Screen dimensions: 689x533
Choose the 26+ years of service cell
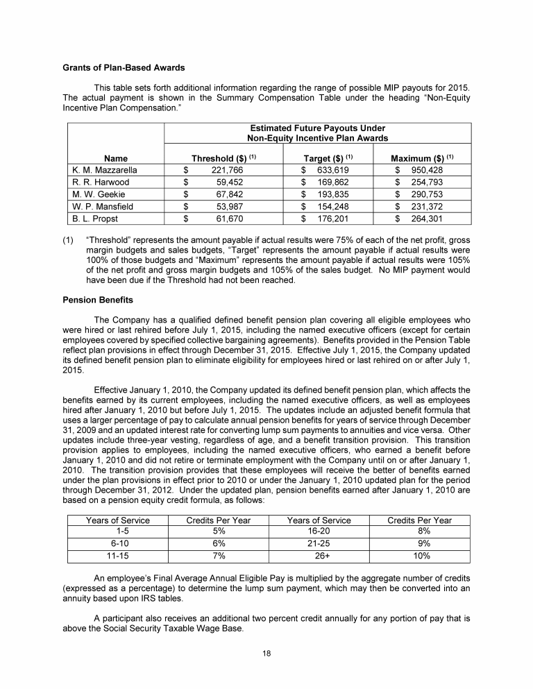(319, 556)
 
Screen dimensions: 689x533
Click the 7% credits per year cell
(218, 556)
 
